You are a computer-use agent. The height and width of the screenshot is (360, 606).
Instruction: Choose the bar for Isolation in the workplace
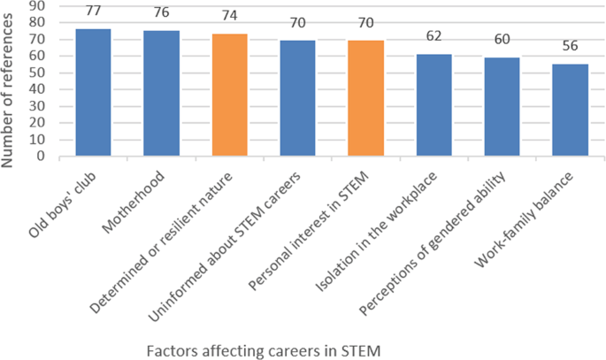click(x=433, y=104)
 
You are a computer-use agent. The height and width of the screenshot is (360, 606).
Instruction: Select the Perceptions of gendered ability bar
click(x=502, y=106)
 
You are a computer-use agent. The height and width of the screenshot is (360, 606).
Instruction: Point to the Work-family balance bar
click(x=570, y=110)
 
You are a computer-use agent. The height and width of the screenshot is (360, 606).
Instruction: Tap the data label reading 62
click(x=433, y=38)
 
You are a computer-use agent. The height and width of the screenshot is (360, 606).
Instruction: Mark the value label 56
click(x=570, y=48)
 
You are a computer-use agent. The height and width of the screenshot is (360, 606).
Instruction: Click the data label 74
click(x=229, y=18)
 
